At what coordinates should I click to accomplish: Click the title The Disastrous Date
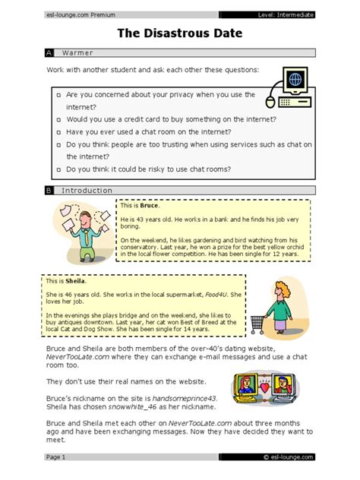coord(179,34)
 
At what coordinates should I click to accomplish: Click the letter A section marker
coord(49,53)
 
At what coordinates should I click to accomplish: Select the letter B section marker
coord(49,191)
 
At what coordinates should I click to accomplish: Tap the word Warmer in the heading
coord(77,53)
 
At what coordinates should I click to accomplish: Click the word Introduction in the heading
coord(87,191)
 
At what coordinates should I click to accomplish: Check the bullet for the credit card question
coord(58,120)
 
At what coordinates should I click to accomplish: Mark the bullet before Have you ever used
coord(58,132)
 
